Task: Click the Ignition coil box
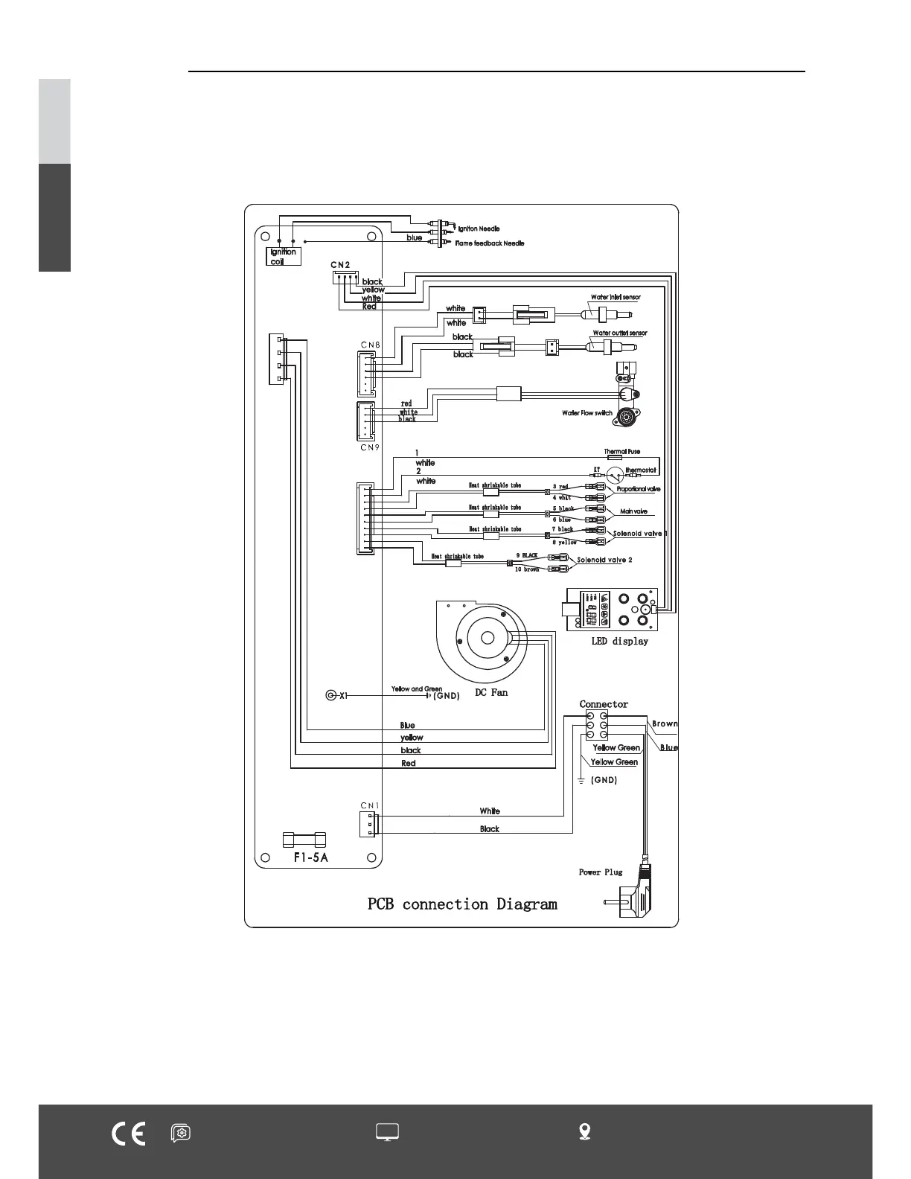tap(283, 256)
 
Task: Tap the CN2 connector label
tap(340, 265)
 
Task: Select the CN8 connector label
tap(370, 345)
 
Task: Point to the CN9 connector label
tap(370, 447)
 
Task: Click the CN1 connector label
tap(369, 805)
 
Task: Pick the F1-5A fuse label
tap(310, 857)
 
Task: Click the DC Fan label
tap(491, 692)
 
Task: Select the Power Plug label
tap(601, 872)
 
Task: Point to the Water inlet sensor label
tap(616, 297)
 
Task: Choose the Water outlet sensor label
tap(619, 333)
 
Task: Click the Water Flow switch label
tap(587, 412)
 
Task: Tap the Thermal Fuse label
tap(621, 451)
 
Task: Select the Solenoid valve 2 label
tap(604, 560)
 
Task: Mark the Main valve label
tap(633, 511)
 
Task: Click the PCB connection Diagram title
tap(462, 904)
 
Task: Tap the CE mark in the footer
tap(128, 1133)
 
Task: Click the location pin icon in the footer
tap(585, 1131)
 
